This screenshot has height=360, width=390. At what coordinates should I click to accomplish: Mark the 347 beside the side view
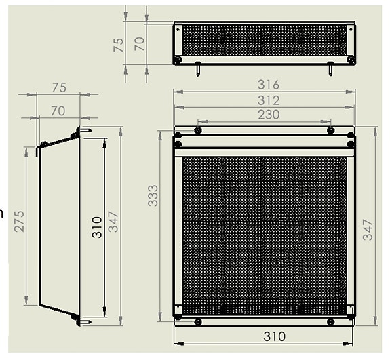click(x=113, y=222)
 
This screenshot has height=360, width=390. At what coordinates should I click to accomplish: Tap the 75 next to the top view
click(x=118, y=44)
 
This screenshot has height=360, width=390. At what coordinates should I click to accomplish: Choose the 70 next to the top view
click(x=139, y=44)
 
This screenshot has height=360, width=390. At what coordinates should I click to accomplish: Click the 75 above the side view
click(x=59, y=87)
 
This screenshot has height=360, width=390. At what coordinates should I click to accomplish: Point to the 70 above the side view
click(x=58, y=109)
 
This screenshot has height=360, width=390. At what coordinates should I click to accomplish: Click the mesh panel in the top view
click(x=264, y=41)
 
